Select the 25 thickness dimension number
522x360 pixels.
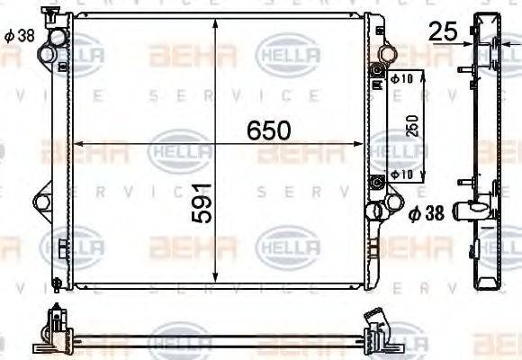442,32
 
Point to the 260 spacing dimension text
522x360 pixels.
413,125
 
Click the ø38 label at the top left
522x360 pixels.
18,37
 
